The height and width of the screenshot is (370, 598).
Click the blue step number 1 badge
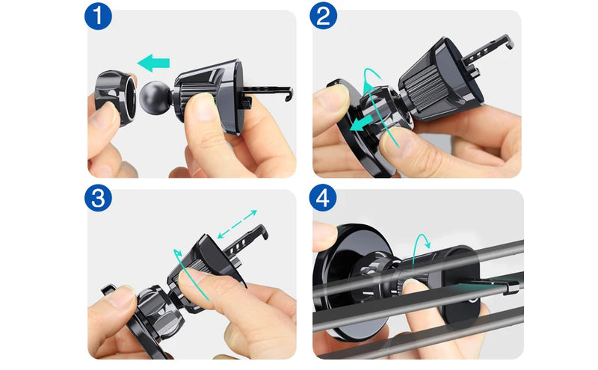98,16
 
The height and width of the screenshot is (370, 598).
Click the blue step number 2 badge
324,16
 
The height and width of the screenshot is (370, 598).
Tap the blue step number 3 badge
98,198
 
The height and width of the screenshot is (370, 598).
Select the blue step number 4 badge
323,198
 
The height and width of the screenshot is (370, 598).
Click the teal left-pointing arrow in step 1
153,63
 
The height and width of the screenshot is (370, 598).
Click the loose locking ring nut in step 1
115,98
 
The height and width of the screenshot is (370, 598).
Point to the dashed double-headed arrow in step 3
237,224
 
